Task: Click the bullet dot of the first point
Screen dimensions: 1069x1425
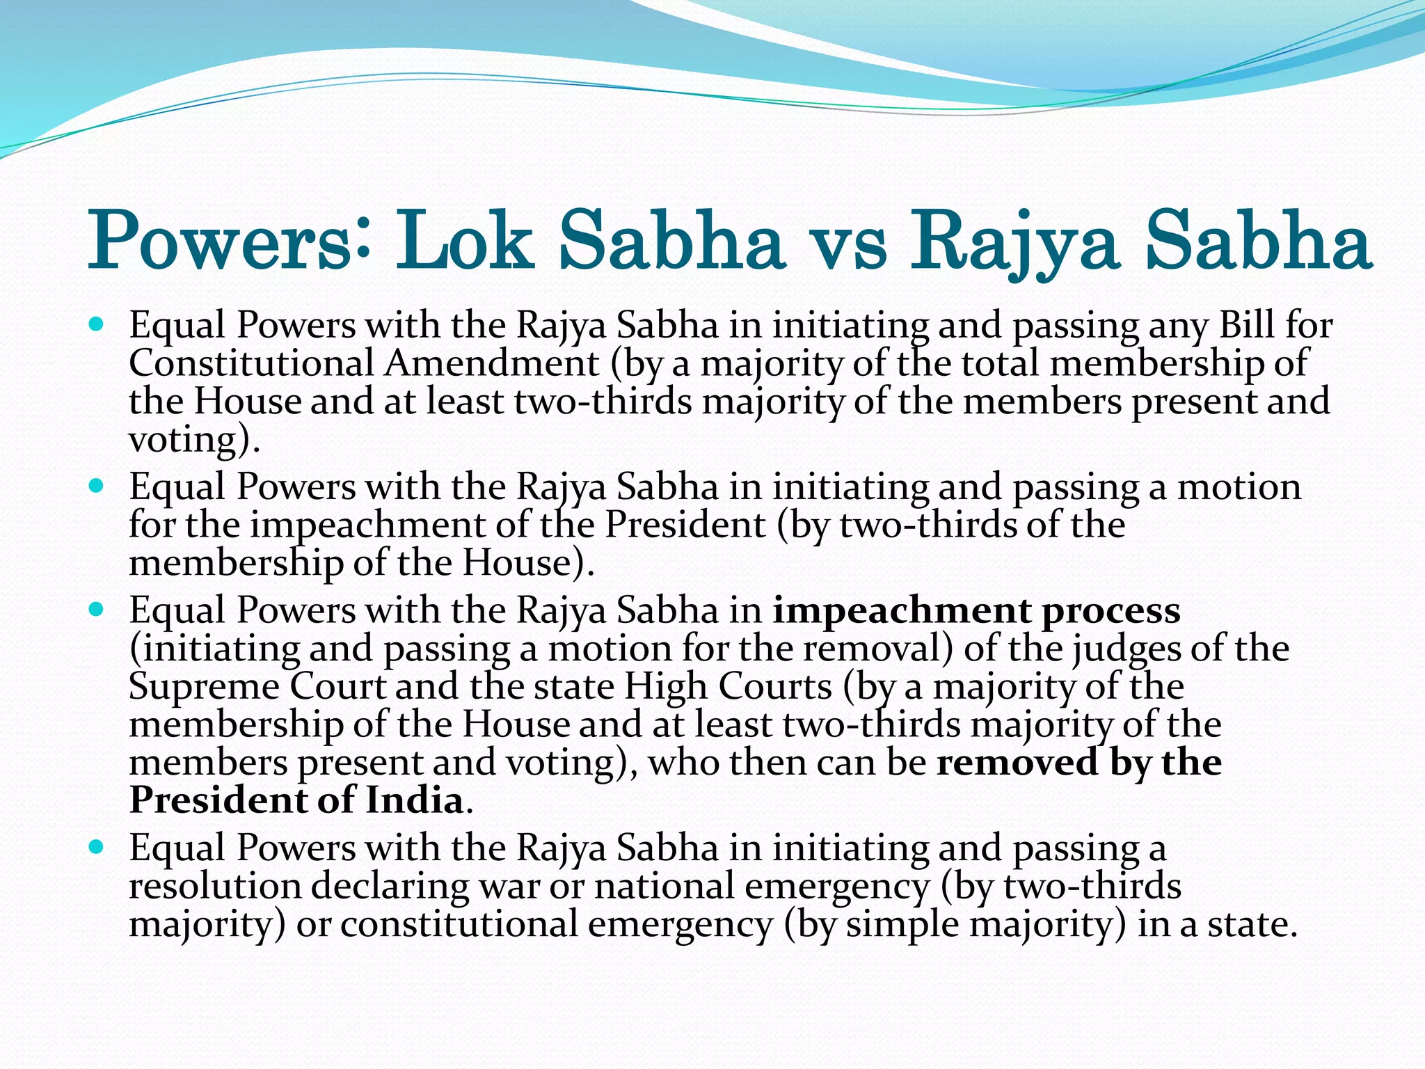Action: click(97, 324)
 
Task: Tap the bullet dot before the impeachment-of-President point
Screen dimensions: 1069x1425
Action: click(97, 486)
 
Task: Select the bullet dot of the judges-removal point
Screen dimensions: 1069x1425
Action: click(97, 610)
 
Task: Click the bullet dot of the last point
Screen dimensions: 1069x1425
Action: click(97, 848)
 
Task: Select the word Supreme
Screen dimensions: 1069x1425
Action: click(204, 687)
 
